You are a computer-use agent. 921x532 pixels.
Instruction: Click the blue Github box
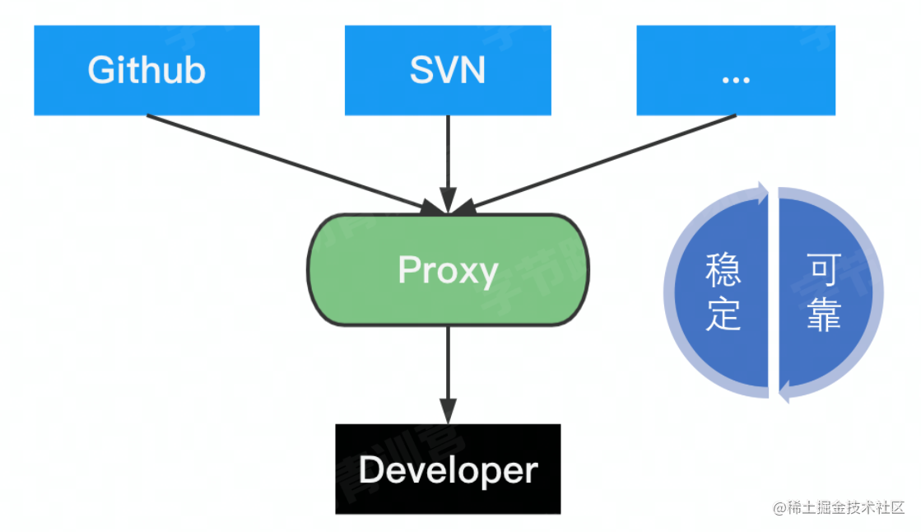[x=147, y=70]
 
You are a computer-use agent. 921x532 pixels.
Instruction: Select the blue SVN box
[x=448, y=70]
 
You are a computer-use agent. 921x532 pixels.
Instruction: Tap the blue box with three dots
[x=735, y=70]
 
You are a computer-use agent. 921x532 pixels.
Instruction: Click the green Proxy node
[x=448, y=270]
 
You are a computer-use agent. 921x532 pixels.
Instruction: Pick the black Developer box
[x=448, y=469]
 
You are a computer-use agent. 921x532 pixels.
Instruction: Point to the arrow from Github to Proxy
[x=288, y=163]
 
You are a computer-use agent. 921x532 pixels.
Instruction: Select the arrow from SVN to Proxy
[x=448, y=161]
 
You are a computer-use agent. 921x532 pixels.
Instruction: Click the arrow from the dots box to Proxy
[x=601, y=162]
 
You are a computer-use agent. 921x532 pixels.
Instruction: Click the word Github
[x=147, y=70]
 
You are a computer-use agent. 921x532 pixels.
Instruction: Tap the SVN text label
[x=448, y=70]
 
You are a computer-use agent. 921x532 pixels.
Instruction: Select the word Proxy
[x=448, y=270]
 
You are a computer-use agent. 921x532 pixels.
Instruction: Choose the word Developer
[x=448, y=470]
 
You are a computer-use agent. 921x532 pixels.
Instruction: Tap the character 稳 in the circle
[x=723, y=270]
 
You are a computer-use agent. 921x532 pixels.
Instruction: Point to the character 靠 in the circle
[x=823, y=315]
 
